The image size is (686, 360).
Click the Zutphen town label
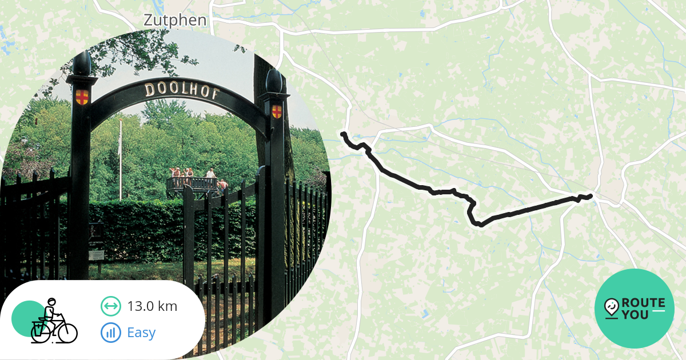(x=174, y=21)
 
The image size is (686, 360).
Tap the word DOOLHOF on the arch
(x=181, y=91)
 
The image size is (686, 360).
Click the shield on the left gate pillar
(x=82, y=97)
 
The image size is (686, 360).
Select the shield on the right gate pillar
(x=277, y=111)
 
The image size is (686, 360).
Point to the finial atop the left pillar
(x=82, y=63)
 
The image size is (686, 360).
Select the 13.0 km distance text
(x=152, y=306)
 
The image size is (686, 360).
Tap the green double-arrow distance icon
(x=110, y=306)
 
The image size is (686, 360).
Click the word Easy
(x=141, y=333)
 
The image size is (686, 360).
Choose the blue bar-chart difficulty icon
(x=110, y=333)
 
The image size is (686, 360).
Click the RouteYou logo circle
(x=635, y=309)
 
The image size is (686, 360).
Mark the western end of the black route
(x=343, y=134)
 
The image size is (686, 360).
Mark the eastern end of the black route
(x=590, y=196)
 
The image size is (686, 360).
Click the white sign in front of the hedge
(x=97, y=254)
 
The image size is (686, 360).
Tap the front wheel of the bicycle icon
(x=67, y=331)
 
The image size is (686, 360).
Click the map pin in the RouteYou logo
(x=612, y=307)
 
